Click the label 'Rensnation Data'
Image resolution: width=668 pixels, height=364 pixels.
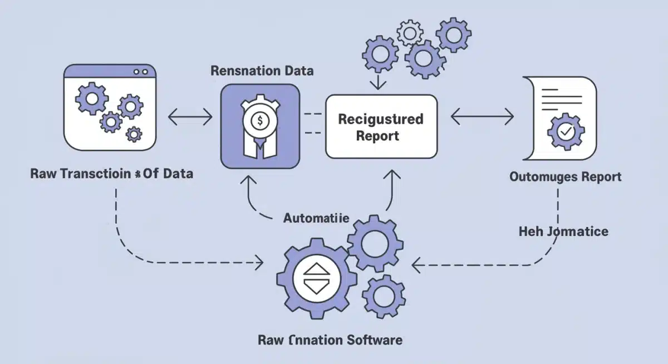coord(262,71)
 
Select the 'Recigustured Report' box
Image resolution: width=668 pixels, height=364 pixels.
coord(381,126)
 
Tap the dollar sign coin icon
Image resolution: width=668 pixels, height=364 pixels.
coord(260,120)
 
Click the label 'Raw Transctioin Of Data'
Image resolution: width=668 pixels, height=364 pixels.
coord(112,173)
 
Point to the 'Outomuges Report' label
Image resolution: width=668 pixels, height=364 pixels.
coord(566,177)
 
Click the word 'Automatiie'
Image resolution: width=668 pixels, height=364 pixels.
coord(316,218)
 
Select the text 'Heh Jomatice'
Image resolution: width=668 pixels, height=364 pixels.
coord(563,231)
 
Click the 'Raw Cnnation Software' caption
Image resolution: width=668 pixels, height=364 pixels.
coord(330,340)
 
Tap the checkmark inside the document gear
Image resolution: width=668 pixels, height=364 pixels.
coord(566,132)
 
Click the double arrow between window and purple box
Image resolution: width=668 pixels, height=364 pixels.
coord(190,117)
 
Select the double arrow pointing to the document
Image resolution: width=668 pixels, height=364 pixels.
coord(482,117)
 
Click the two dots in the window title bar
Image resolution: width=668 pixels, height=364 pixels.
coord(141,72)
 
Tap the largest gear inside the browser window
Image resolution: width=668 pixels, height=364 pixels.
coord(91,100)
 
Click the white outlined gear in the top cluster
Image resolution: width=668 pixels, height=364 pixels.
coord(410,33)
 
